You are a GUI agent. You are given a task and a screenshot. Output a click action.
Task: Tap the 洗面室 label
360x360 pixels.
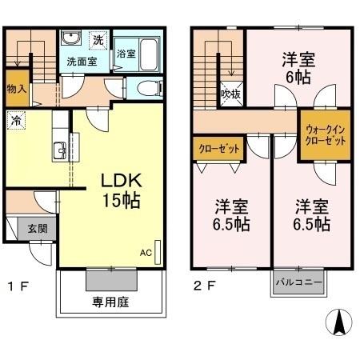(x=81, y=62)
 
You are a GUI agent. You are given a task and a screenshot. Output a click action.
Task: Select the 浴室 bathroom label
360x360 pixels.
(x=126, y=54)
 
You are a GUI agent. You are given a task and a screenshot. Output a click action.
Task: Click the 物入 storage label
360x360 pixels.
(x=15, y=89)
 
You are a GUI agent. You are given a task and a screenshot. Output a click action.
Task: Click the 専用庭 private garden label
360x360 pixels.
(x=112, y=303)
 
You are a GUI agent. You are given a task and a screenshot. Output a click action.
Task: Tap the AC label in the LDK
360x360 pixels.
(x=146, y=254)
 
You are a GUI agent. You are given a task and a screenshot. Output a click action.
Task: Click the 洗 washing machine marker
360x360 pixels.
(x=98, y=39)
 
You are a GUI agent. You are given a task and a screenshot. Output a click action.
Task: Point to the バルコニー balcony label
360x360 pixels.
(x=299, y=282)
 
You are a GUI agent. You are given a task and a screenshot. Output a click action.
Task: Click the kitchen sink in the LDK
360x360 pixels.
(x=61, y=150)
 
